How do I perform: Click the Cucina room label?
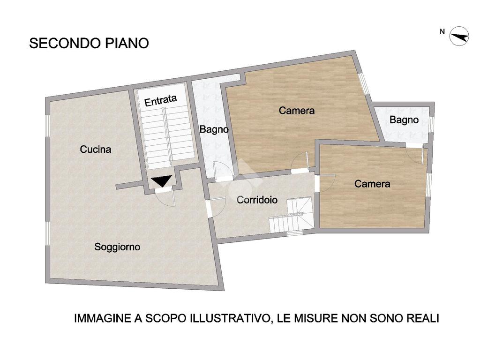click(96, 150)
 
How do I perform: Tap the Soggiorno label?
click(117, 247)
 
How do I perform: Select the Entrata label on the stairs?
click(160, 100)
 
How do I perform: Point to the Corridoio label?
click(257, 200)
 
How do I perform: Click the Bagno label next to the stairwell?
click(214, 129)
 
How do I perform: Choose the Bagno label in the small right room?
click(404, 120)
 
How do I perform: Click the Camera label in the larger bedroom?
click(297, 111)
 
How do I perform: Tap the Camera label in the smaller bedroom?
click(372, 184)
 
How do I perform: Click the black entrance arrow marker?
click(161, 180)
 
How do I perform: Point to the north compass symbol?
click(459, 36)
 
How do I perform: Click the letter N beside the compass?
click(442, 31)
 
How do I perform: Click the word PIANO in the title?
click(127, 43)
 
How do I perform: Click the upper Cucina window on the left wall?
click(47, 126)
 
